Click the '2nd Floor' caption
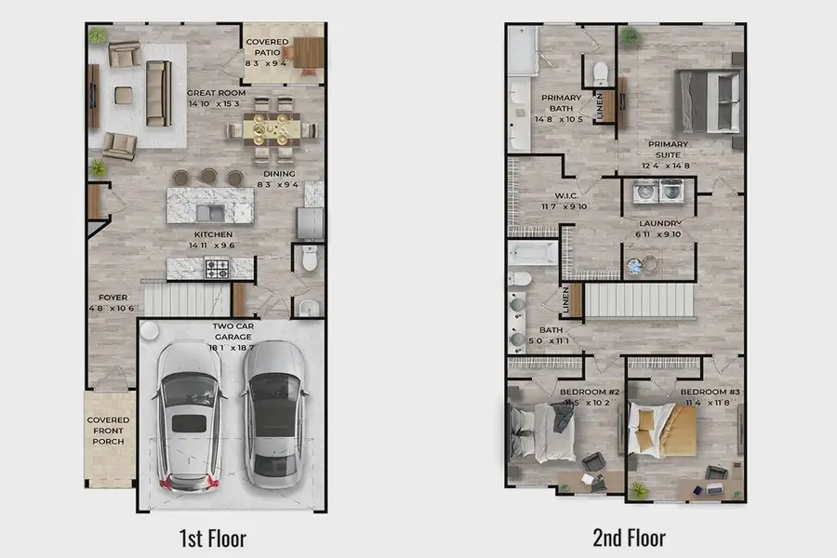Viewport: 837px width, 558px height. [x=629, y=537]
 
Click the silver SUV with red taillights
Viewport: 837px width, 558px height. [x=190, y=415]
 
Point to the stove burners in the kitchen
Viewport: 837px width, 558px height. [x=217, y=270]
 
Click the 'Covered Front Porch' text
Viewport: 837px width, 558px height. [x=109, y=431]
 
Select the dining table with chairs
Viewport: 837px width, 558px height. [x=272, y=129]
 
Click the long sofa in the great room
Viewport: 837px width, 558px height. [x=157, y=93]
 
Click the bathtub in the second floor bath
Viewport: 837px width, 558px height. [x=533, y=252]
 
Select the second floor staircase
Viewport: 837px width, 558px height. [x=639, y=299]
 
